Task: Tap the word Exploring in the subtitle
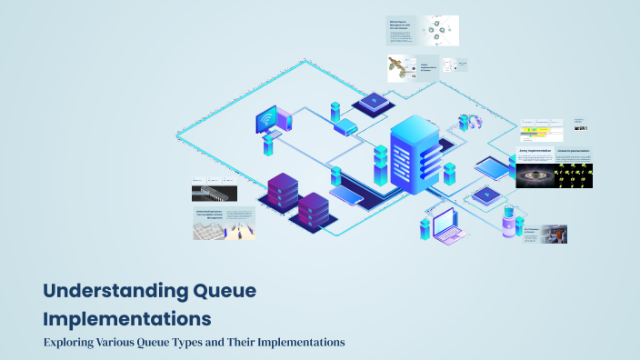[x=75, y=343]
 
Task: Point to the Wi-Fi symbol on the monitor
[x=267, y=120]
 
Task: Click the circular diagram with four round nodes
[x=437, y=31]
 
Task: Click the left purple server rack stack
[x=283, y=195]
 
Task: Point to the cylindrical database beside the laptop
[x=509, y=223]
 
